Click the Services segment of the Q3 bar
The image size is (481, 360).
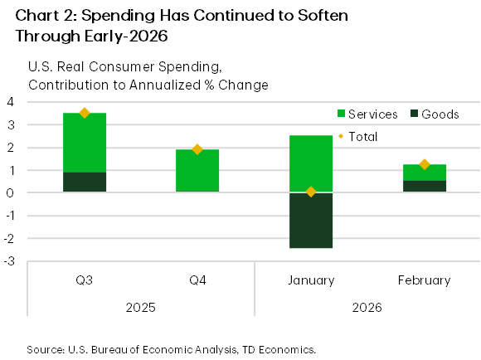[x=85, y=142]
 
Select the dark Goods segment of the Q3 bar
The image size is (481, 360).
[x=85, y=182]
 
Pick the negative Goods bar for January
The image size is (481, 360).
[x=311, y=220]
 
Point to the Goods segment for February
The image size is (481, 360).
[x=423, y=186]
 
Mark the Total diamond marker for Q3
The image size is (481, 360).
[x=85, y=113]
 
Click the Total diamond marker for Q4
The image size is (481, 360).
[x=197, y=149]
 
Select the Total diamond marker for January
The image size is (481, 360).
[x=311, y=192]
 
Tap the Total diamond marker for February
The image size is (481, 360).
[x=424, y=164]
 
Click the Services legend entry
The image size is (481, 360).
[x=365, y=114]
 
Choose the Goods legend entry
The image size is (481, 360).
[x=431, y=114]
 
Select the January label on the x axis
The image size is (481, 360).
[x=311, y=280]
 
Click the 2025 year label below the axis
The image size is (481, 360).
[x=141, y=307]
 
